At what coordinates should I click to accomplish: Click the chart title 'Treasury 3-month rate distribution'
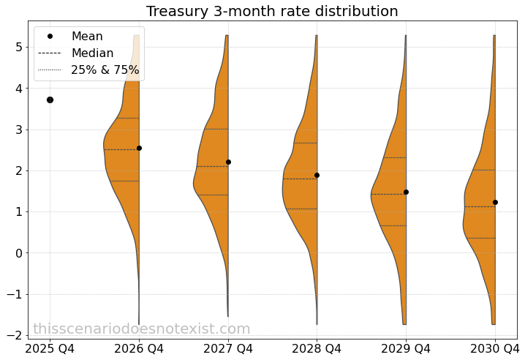(272, 12)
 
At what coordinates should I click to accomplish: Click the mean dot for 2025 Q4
(50, 100)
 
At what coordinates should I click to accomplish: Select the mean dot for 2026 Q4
(139, 148)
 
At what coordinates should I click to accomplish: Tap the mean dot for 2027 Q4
(228, 162)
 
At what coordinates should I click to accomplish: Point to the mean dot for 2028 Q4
(317, 175)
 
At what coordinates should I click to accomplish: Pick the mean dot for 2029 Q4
(406, 192)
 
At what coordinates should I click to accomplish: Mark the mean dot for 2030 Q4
(495, 202)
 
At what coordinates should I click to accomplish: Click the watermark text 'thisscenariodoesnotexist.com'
(142, 329)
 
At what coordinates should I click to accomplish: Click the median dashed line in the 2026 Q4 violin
(121, 149)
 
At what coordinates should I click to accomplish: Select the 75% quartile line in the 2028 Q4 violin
(306, 143)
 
